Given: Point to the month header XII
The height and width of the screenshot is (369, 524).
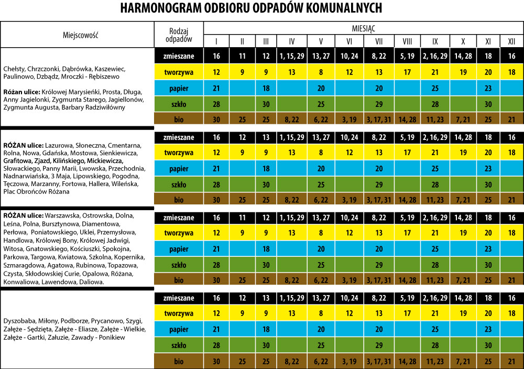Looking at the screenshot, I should [x=511, y=41].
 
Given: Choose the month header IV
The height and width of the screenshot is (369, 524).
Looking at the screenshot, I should [x=291, y=41].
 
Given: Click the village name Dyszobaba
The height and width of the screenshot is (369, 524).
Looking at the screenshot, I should [x=19, y=320].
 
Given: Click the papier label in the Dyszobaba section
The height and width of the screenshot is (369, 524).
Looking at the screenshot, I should [x=179, y=330].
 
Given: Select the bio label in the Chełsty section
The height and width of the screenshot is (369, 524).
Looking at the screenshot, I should [x=179, y=120].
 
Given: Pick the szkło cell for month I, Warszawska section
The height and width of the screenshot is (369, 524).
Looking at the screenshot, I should [x=216, y=265].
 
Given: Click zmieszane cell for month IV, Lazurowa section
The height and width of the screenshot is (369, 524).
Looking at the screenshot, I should [x=291, y=137].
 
